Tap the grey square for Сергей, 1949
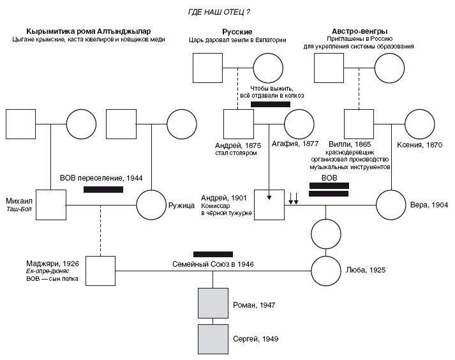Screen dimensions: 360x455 pyautogui.click(x=213, y=338)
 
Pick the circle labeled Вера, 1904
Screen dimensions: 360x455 pyautogui.click(x=391, y=204)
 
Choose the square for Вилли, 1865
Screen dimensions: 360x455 pyautogui.click(x=359, y=124)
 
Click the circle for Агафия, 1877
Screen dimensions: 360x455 pyautogui.click(x=299, y=124)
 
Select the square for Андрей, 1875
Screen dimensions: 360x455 pyautogui.click(x=239, y=124)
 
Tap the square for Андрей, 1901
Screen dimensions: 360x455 pyautogui.click(x=269, y=204)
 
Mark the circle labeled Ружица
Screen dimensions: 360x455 pyautogui.click(x=152, y=205)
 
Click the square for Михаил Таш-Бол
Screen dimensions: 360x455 pyautogui.click(x=51, y=205)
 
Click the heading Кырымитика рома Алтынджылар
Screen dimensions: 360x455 pyautogui.click(x=89, y=31)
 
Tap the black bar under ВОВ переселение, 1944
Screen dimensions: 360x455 pyautogui.click(x=103, y=190)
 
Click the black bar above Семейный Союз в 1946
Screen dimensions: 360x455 pyautogui.click(x=213, y=253)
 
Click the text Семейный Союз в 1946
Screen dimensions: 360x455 pyautogui.click(x=213, y=264)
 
